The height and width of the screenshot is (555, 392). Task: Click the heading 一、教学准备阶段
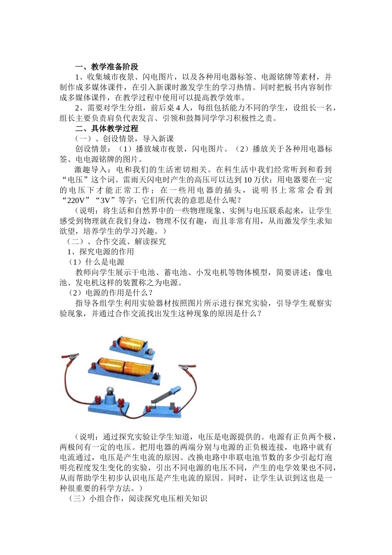click(106, 67)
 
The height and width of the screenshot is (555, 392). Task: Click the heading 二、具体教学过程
click(106, 128)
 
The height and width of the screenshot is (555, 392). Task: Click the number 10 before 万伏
click(248, 180)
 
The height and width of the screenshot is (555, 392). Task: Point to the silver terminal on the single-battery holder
click(151, 351)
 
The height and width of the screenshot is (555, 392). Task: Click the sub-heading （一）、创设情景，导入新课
click(124, 139)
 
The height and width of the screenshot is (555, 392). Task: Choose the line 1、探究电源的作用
click(101, 251)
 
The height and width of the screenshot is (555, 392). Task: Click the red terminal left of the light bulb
click(99, 399)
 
